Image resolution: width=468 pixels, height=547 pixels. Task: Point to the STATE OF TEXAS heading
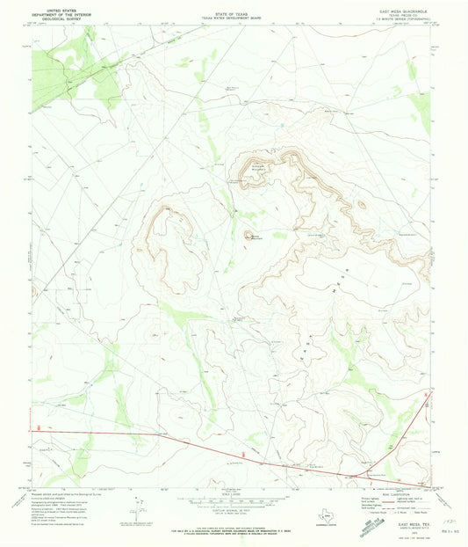pyautogui.click(x=232, y=5)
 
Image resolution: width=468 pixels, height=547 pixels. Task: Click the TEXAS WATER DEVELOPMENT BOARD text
pyautogui.click(x=232, y=11)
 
